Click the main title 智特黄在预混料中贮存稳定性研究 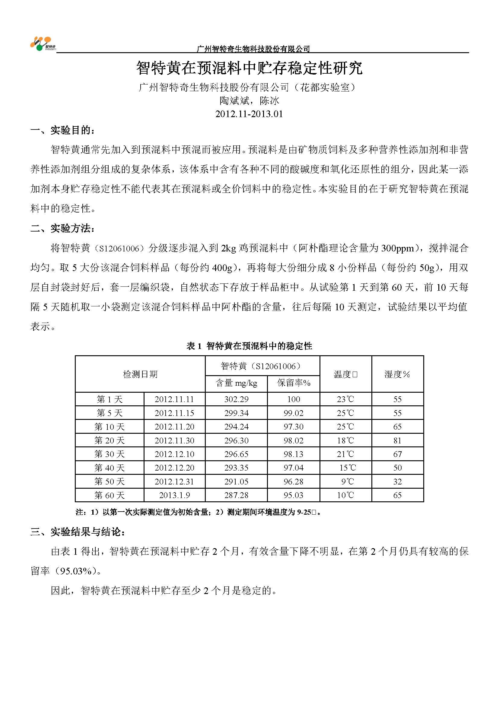click(249, 68)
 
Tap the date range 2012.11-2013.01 click(249, 114)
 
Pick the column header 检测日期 click(140, 374)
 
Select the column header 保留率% click(294, 383)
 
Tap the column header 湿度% click(397, 374)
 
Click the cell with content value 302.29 click(236, 399)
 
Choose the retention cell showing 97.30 click(294, 426)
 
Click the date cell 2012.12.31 click(174, 481)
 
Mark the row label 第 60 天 click(110, 495)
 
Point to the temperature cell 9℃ click(347, 481)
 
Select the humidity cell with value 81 click(397, 440)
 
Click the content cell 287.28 click(236, 495)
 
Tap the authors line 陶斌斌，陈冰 click(249, 101)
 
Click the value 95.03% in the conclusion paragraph click(76, 571)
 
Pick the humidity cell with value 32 click(397, 481)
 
